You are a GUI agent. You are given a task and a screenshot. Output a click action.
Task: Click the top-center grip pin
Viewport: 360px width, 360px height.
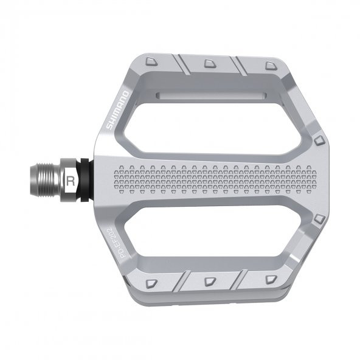coord(209,63)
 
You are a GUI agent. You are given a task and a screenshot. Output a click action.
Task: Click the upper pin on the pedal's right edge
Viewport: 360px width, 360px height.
coord(319,141)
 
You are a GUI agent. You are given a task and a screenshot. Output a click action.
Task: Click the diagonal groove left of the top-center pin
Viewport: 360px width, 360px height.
coord(181,63)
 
